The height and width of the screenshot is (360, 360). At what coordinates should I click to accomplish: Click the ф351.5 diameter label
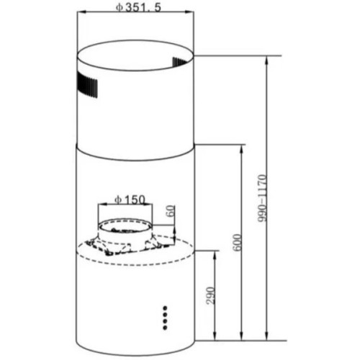pos(138,7)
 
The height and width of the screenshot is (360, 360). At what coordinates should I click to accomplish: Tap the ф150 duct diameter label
pos(130,199)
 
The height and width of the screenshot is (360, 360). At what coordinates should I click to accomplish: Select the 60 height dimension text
pos(171,211)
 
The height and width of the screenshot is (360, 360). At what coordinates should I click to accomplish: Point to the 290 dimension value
pos(210,295)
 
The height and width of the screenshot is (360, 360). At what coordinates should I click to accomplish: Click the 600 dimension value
pos(237,243)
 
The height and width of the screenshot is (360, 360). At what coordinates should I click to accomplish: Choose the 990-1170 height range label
pos(263,199)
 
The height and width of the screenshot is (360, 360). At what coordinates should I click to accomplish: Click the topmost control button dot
pos(165,307)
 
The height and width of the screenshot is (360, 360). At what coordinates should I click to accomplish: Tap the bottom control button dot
pos(165,328)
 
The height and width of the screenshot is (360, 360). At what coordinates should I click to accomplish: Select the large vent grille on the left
pos(88,85)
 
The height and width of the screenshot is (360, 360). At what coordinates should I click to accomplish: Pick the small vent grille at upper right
pos(179,62)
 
